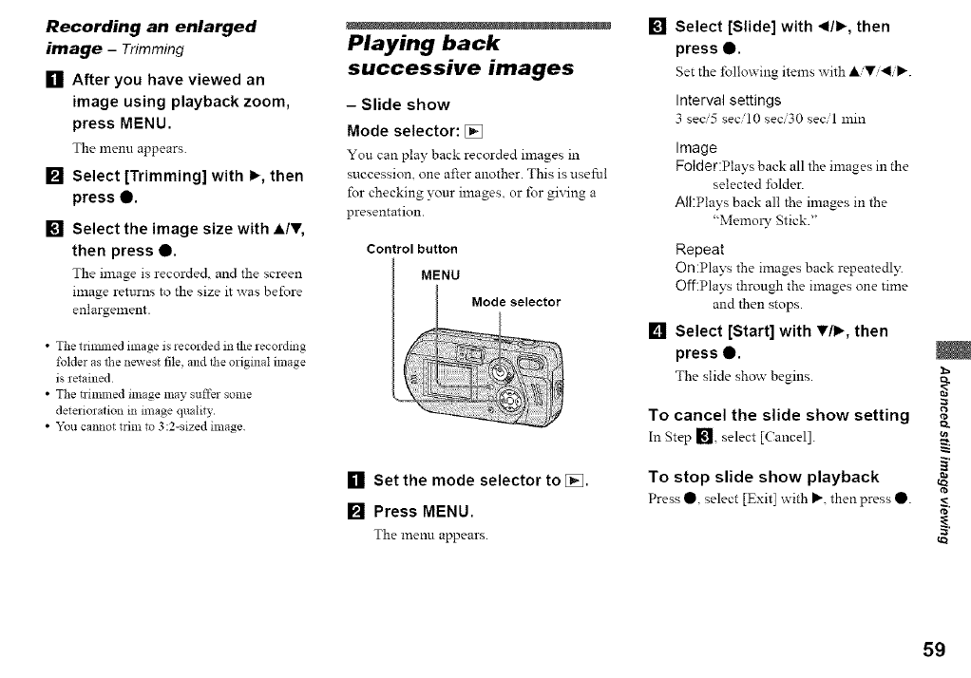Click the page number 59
(933, 650)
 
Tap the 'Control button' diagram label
(411, 250)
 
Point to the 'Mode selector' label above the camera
(516, 303)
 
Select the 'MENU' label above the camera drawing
(441, 276)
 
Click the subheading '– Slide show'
(398, 104)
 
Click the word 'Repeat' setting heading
(699, 249)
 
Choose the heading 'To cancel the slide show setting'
(778, 415)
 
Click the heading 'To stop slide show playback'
(763, 477)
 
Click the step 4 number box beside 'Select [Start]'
(657, 331)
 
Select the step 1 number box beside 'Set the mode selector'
(355, 480)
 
